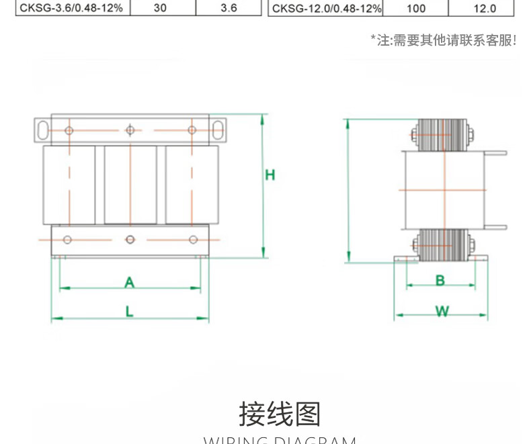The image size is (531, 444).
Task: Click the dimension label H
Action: [x=270, y=175]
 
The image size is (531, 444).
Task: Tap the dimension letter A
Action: [x=130, y=283]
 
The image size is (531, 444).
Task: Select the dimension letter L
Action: [x=130, y=311]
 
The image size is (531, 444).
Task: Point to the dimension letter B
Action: [x=440, y=280]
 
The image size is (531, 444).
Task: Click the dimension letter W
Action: [x=442, y=311]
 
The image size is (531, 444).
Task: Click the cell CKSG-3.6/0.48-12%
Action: [x=71, y=8]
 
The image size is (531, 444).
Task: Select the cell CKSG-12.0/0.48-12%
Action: [x=327, y=8]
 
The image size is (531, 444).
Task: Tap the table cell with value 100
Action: [x=416, y=8]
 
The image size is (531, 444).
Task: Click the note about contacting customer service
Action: [x=444, y=40]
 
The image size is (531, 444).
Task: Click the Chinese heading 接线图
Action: [x=280, y=414]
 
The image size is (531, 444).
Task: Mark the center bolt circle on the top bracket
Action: [x=130, y=130]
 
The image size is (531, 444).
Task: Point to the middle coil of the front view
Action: [x=130, y=185]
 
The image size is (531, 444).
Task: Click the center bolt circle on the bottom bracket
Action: [x=130, y=239]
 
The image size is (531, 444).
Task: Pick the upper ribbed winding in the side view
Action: [x=442, y=135]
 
